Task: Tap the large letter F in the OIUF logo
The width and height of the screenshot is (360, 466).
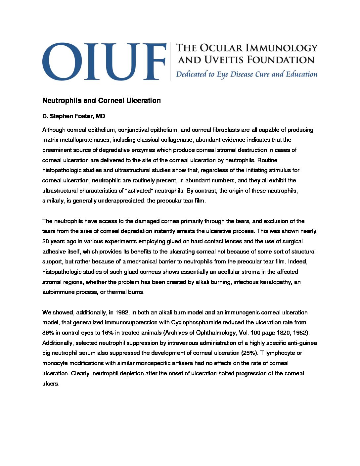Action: [x=155, y=61]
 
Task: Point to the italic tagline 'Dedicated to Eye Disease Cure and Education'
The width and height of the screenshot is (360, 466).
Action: [x=247, y=74]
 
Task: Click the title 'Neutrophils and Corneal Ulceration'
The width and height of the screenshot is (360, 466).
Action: [x=101, y=101]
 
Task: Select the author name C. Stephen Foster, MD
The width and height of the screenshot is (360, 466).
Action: [x=73, y=116]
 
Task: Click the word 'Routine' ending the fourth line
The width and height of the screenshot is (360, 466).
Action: [x=267, y=160]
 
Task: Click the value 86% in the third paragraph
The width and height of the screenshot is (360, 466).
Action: [x=48, y=333]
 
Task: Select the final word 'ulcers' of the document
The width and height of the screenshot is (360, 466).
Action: [x=50, y=384]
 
